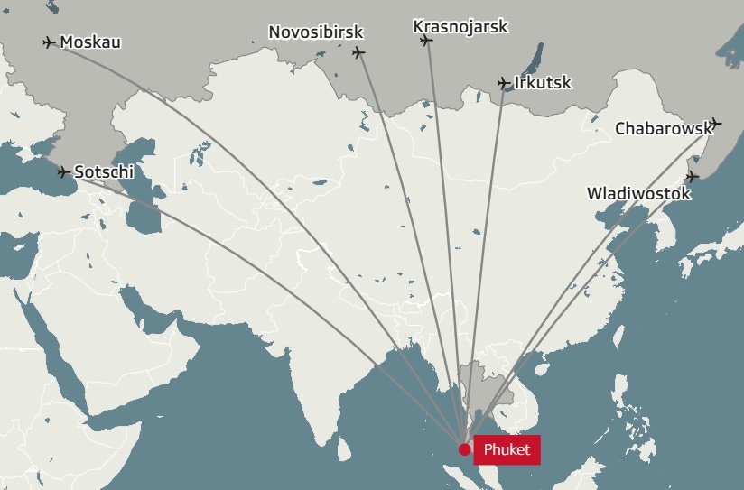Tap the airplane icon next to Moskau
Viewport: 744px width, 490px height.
[x=49, y=42]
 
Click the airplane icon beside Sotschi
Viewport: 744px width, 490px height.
[x=62, y=171]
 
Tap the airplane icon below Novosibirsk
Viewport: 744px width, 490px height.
[x=358, y=52]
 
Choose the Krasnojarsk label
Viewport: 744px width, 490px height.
[x=460, y=26]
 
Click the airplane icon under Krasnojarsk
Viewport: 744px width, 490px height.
[x=426, y=40]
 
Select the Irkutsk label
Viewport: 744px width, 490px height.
[x=543, y=83]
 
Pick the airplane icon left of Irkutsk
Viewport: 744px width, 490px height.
[x=504, y=83]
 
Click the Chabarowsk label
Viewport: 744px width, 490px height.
[x=662, y=128]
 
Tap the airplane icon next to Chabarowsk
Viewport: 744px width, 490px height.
[x=716, y=123]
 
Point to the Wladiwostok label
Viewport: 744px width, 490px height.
[x=638, y=193]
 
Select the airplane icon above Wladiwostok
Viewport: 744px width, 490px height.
[x=693, y=176]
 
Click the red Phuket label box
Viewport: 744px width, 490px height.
[x=507, y=448]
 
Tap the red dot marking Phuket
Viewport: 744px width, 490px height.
[x=464, y=448]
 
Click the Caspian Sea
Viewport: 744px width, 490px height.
[x=144, y=203]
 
